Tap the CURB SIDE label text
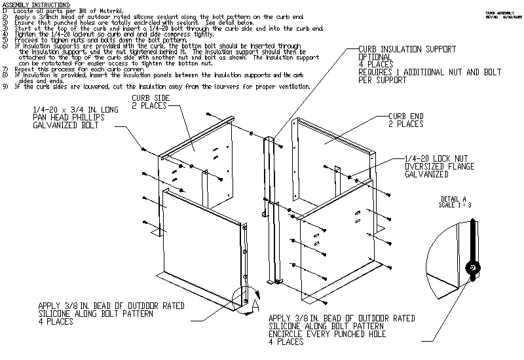[151, 98]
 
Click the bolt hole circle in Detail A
[470, 268]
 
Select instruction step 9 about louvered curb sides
[157, 86]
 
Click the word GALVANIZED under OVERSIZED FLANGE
[427, 175]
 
